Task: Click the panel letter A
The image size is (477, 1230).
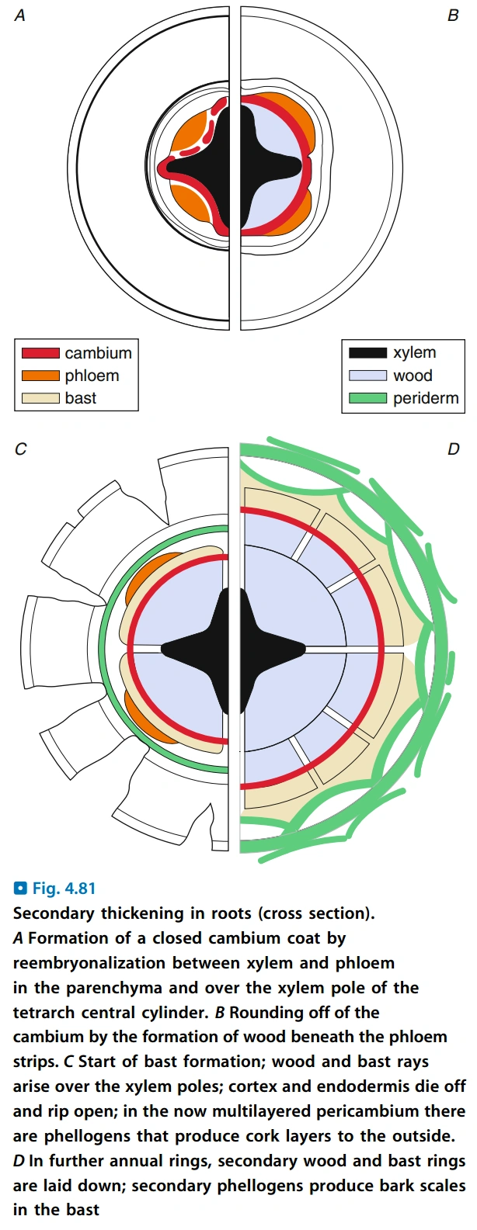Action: pos(20,16)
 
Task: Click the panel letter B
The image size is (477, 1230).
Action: pos(453,16)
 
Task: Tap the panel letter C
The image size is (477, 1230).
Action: pos(20,449)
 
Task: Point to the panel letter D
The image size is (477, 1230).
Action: pos(454,449)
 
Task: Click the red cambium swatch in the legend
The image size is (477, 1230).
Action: pos(40,353)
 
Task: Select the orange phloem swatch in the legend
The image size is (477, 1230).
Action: pos(40,376)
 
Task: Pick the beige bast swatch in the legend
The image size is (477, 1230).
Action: pos(40,398)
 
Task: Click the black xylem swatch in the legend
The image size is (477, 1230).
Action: pos(367,353)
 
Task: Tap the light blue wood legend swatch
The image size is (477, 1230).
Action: pos(367,376)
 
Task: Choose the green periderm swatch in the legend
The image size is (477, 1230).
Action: pos(367,398)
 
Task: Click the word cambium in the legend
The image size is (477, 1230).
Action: pos(98,353)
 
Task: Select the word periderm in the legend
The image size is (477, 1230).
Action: pos(426,399)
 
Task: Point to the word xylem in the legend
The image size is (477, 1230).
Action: pos(414,353)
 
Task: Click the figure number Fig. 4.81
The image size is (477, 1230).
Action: pos(64,889)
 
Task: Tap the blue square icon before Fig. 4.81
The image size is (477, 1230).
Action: pos(20,889)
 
